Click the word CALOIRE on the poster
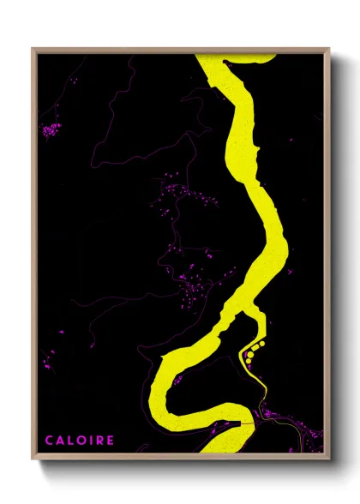click(80, 440)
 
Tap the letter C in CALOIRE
click(49, 440)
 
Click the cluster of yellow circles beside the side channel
click(253, 350)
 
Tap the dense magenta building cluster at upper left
click(52, 130)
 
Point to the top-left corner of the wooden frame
click(33, 48)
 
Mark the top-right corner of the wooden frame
click(330, 48)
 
